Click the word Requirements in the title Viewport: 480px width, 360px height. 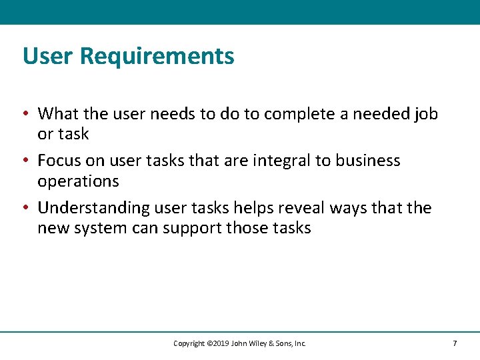coord(157,56)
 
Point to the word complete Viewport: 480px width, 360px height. coord(299,114)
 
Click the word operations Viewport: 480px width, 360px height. coord(78,181)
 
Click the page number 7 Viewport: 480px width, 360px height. coord(455,343)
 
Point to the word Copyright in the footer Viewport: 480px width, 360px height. coord(189,343)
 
